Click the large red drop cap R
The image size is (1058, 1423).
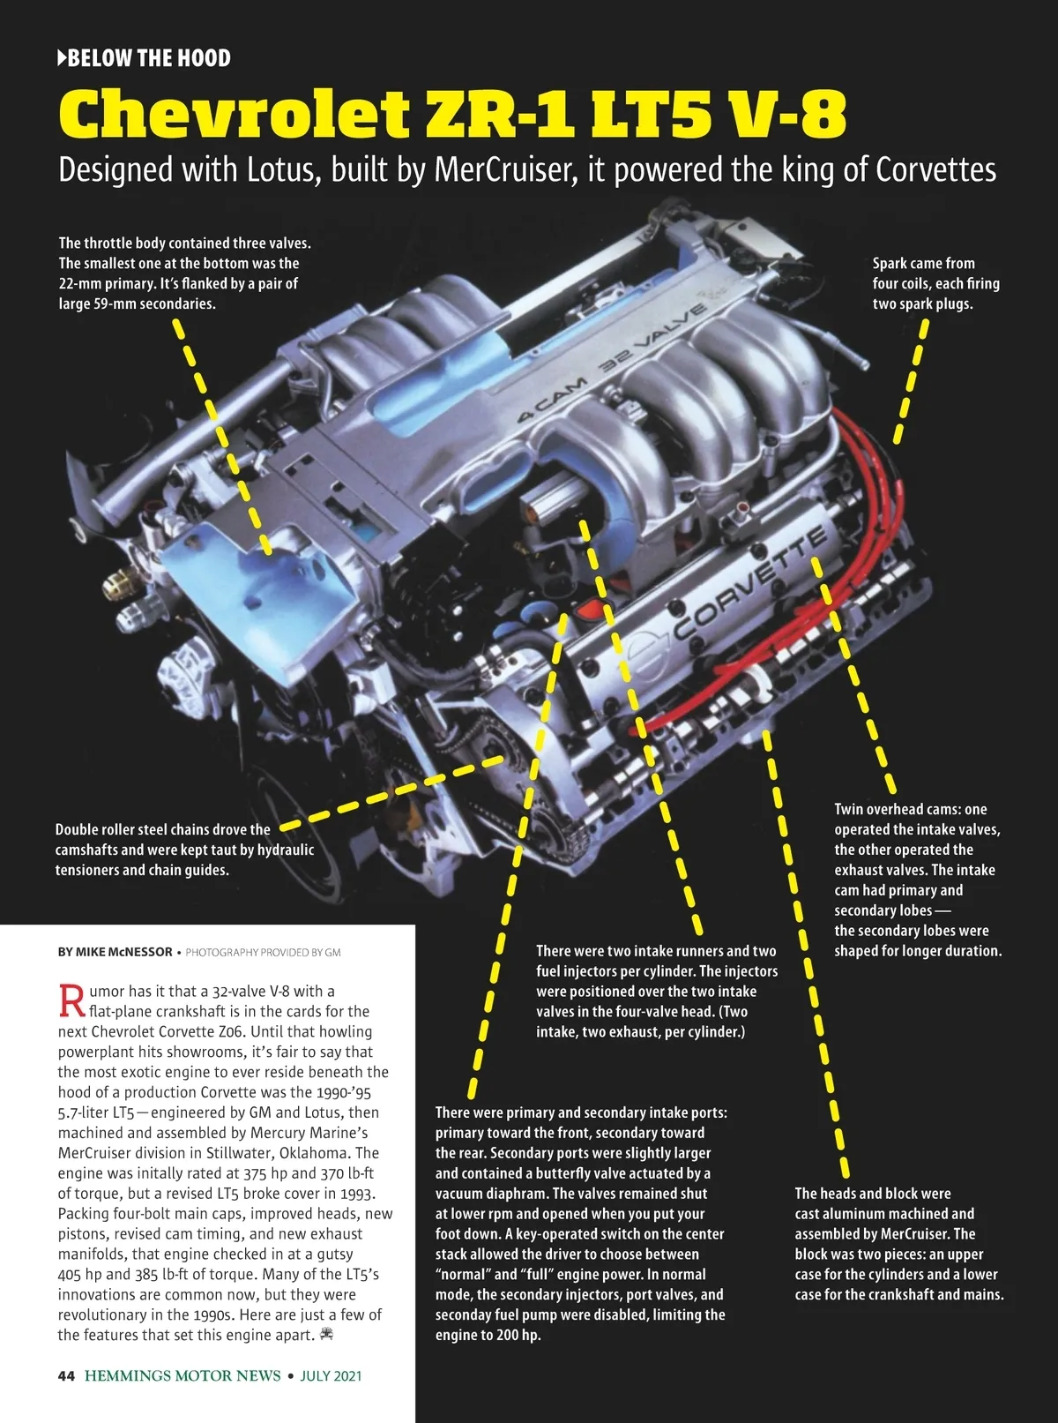pyautogui.click(x=71, y=1000)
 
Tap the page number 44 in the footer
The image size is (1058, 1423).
pyautogui.click(x=66, y=1375)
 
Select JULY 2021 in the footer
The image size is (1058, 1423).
pyautogui.click(x=331, y=1375)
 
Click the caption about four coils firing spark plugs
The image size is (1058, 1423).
pyautogui.click(x=935, y=283)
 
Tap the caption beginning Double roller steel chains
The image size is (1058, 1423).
pyautogui.click(x=184, y=850)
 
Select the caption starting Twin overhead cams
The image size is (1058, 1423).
pyautogui.click(x=917, y=880)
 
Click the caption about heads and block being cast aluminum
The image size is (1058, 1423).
pyautogui.click(x=898, y=1244)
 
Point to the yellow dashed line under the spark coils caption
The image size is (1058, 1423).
pyautogui.click(x=911, y=380)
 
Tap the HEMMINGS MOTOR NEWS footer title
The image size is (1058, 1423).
pyautogui.click(x=183, y=1375)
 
